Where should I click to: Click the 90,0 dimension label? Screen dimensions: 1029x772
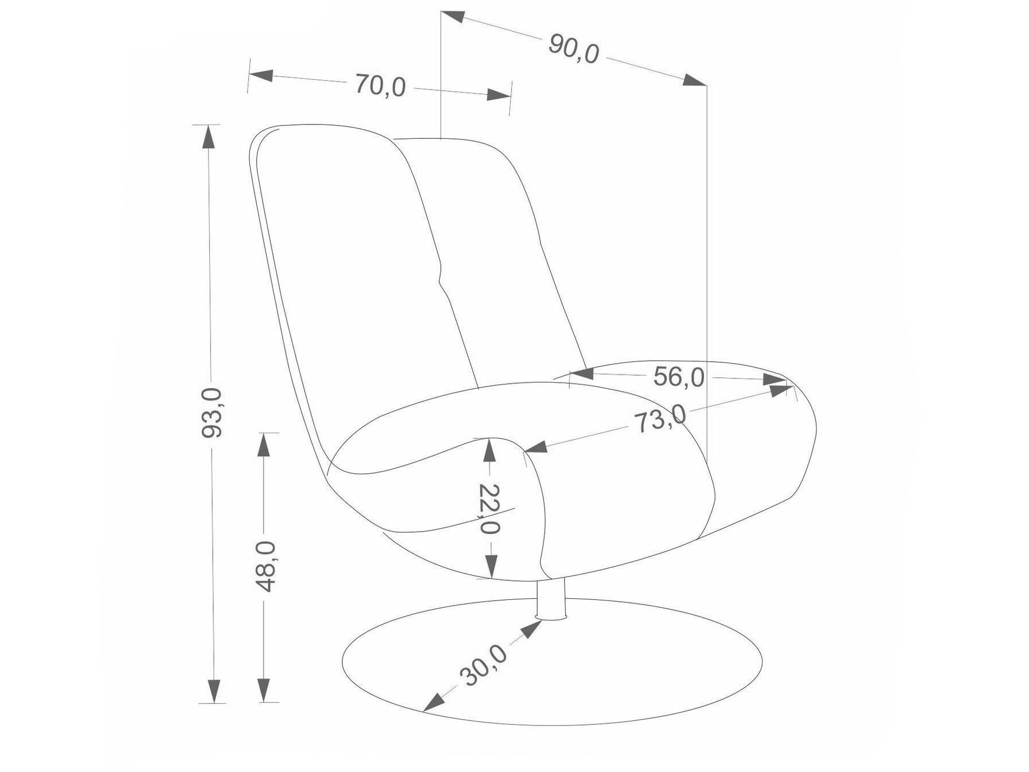(x=573, y=49)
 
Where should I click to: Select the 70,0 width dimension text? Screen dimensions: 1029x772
(x=380, y=85)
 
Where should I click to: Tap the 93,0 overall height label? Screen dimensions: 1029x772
(x=212, y=412)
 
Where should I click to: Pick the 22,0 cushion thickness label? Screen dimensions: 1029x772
(x=489, y=509)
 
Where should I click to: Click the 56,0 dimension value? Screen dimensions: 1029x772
(x=679, y=377)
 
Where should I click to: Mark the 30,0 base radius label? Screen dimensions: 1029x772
(x=484, y=665)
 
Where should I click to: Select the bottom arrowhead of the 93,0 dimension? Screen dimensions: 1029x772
(x=214, y=691)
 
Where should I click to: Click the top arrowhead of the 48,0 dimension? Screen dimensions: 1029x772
(x=263, y=445)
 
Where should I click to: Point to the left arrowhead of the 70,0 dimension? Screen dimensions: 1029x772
(x=261, y=75)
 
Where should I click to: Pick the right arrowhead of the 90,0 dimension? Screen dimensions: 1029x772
(x=694, y=80)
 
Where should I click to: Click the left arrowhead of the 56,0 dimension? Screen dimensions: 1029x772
(x=582, y=374)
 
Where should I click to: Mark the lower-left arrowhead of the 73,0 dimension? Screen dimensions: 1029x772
(x=536, y=447)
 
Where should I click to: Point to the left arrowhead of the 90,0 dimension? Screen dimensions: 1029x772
(x=453, y=17)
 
